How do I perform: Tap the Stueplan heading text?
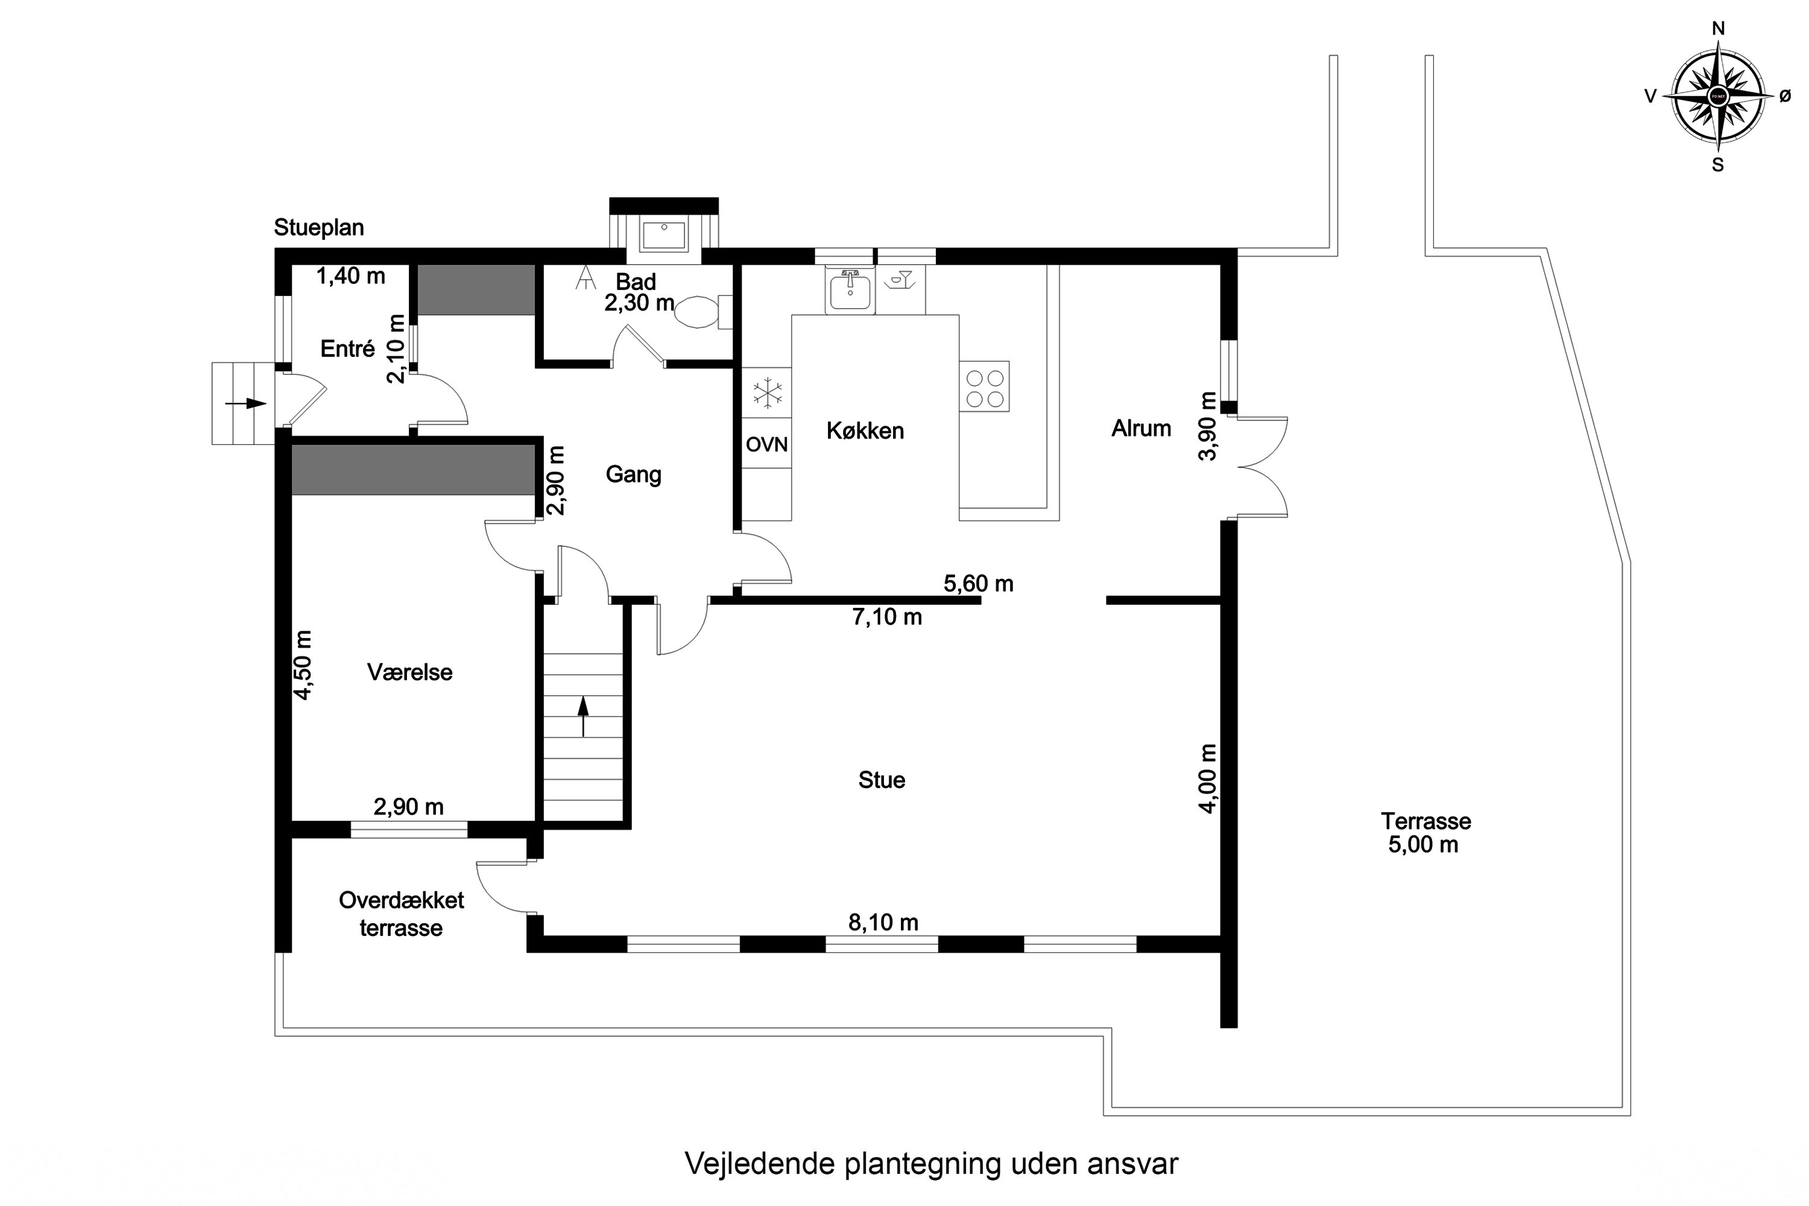pos(318,228)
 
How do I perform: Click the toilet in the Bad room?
pos(698,312)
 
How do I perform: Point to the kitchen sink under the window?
pos(850,291)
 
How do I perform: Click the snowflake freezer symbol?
pos(767,393)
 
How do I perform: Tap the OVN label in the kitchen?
pos(767,444)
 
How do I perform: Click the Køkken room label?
pos(865,431)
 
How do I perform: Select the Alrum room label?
pos(1141,428)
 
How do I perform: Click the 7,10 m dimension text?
pos(887,617)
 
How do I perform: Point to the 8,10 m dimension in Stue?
pos(883,922)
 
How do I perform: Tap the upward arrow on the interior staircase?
pos(583,715)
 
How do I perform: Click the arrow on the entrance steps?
pos(245,403)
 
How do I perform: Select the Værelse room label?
pos(409,672)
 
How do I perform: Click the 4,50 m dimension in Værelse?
pos(303,665)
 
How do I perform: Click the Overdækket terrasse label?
pos(402,914)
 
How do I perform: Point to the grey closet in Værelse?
pos(413,469)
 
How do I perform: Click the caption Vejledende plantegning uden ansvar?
pos(930,1164)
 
